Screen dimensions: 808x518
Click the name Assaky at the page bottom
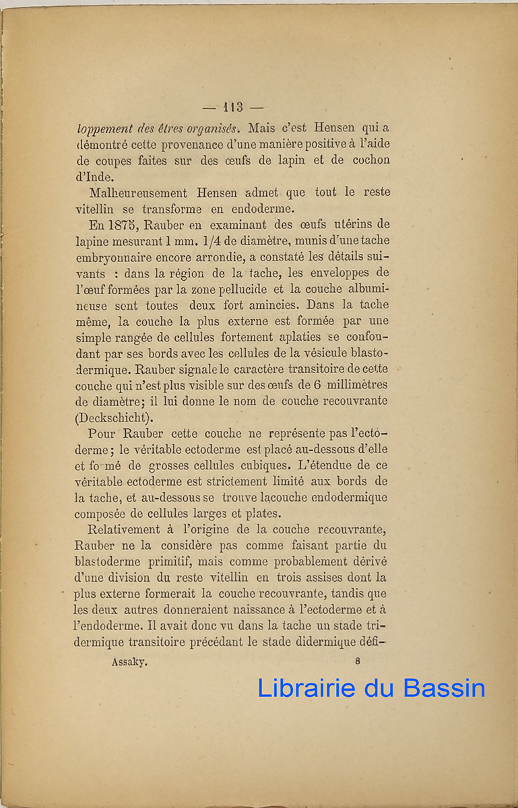coord(129,661)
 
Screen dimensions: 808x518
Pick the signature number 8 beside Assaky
coord(357,661)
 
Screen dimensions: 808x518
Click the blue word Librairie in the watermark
coord(306,688)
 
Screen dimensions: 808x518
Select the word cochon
coord(367,161)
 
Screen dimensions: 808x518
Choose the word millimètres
coord(357,385)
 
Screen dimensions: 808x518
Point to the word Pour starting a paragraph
coord(103,434)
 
